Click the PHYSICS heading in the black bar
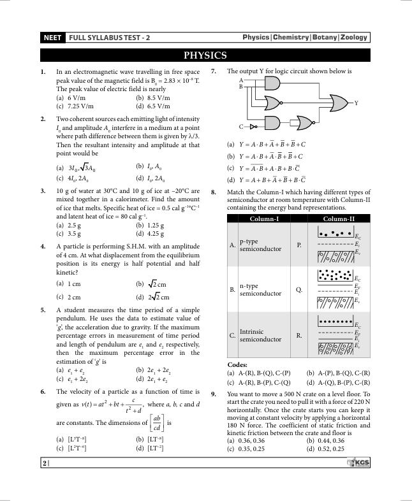(205, 55)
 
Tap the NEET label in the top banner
(52, 38)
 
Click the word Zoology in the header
(354, 38)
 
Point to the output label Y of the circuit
(356, 103)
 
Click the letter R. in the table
(299, 335)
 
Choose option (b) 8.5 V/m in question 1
(153, 98)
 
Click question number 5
(43, 310)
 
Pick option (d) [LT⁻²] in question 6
(151, 448)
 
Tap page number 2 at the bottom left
(45, 463)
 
